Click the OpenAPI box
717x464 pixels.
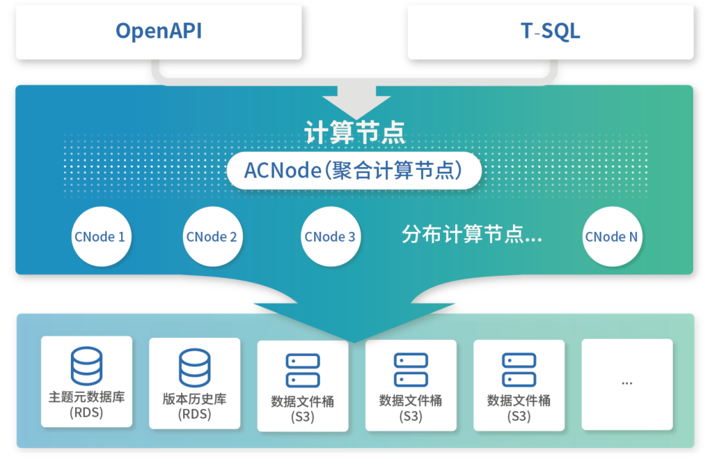tap(159, 31)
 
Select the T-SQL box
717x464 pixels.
tap(550, 31)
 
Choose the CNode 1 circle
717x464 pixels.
tap(100, 237)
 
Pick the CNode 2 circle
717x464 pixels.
tap(212, 237)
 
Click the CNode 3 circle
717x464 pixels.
tap(330, 237)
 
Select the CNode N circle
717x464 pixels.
tap(611, 237)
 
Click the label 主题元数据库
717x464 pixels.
tap(86, 398)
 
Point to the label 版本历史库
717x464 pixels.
tap(195, 399)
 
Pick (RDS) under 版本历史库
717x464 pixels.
tap(195, 415)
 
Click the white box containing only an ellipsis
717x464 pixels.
tap(627, 384)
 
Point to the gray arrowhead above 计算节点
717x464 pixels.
tap(355, 101)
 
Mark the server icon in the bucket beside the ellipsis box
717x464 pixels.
tap(519, 370)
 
